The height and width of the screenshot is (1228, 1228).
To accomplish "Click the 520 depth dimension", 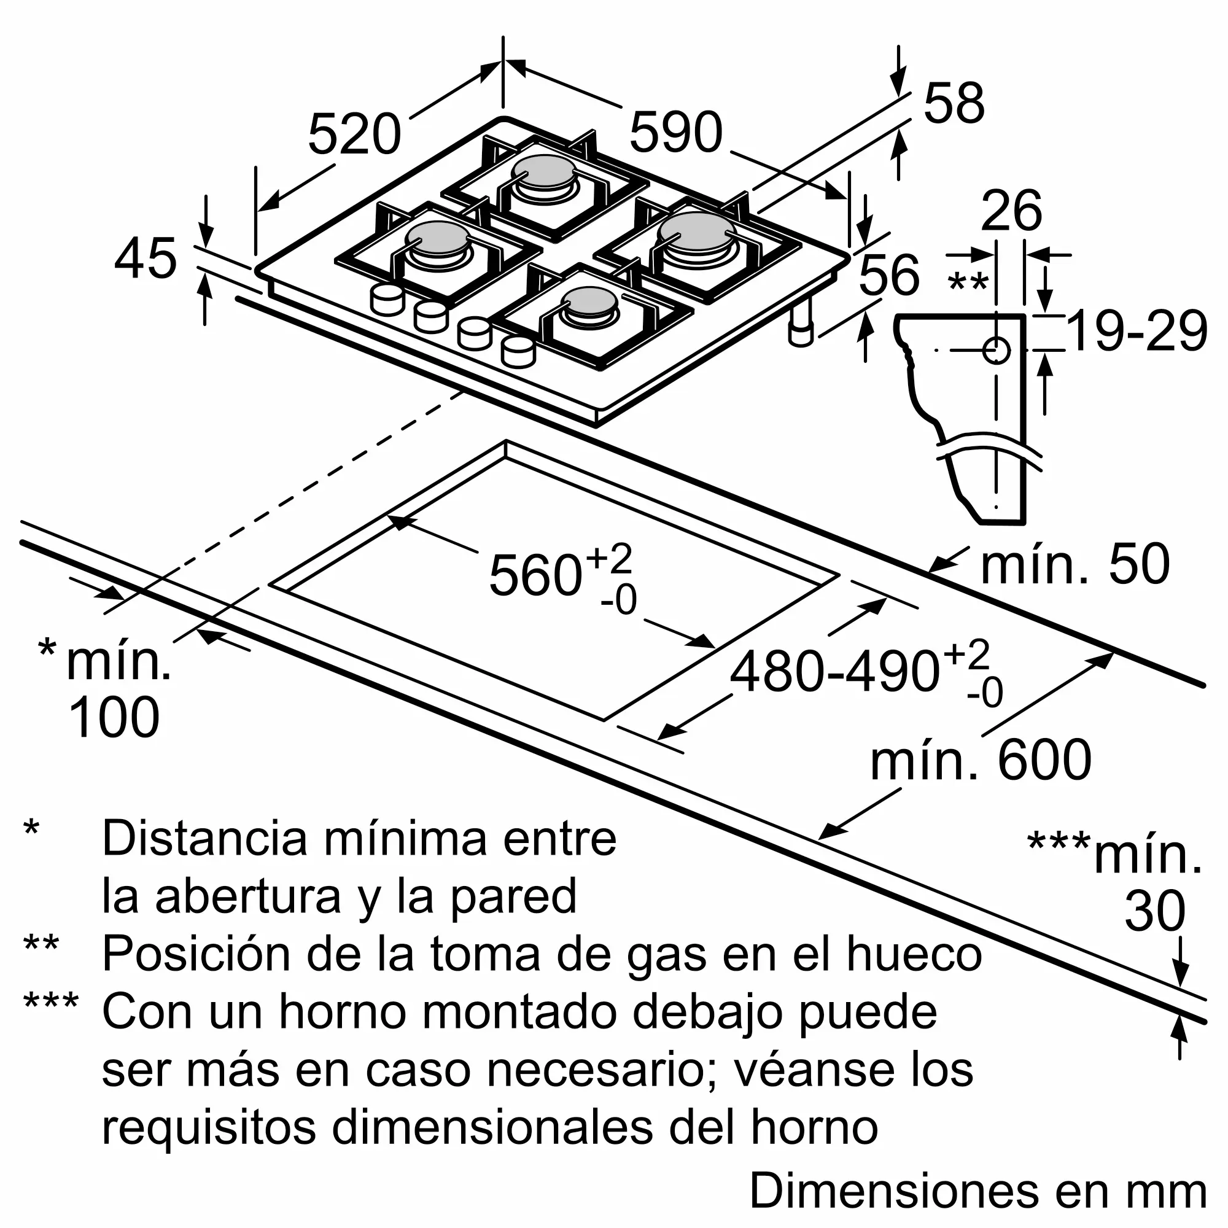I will [x=354, y=134].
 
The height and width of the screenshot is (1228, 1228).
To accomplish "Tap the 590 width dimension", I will [x=675, y=132].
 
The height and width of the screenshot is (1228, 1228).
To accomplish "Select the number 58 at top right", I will [x=954, y=103].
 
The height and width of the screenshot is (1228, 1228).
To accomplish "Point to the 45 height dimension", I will [x=145, y=258].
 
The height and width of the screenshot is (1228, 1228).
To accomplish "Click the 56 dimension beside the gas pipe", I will [x=888, y=274].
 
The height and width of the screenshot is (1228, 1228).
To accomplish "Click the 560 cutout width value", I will [x=535, y=575].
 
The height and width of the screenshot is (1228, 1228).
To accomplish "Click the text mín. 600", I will [x=980, y=760].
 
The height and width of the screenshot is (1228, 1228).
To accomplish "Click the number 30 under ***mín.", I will [x=1155, y=911].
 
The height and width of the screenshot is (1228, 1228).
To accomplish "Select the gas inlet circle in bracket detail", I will [x=996, y=350].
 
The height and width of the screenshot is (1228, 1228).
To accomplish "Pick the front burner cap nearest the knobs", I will [x=589, y=301].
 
